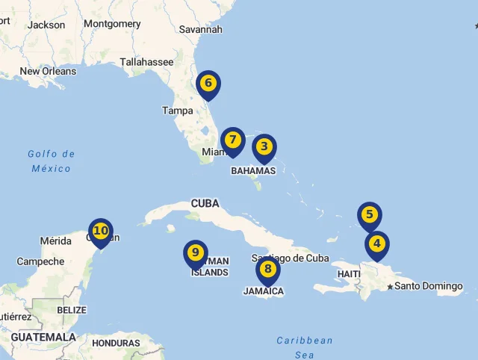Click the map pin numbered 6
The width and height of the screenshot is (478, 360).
click(208, 84)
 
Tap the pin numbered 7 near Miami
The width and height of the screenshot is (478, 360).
click(233, 140)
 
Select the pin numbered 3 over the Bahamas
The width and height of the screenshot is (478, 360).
click(264, 147)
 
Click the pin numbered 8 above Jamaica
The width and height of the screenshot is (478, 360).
click(268, 270)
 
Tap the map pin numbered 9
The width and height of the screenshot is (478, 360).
click(196, 253)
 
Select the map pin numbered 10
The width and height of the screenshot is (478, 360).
click(101, 232)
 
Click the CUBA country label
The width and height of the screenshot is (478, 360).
click(205, 203)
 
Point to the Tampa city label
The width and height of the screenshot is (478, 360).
click(178, 111)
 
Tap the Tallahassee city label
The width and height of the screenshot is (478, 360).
click(146, 62)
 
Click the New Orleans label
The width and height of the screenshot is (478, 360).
click(48, 72)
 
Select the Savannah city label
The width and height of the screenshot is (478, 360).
click(201, 30)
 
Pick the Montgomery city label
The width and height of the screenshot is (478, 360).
click(112, 24)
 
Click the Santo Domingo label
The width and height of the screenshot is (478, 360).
click(429, 286)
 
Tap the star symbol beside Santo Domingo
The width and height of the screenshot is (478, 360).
click(390, 287)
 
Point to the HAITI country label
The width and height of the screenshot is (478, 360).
click(349, 274)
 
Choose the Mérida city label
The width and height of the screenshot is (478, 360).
click(56, 240)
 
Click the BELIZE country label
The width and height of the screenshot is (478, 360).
click(72, 310)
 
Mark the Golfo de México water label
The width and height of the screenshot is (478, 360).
click(52, 161)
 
